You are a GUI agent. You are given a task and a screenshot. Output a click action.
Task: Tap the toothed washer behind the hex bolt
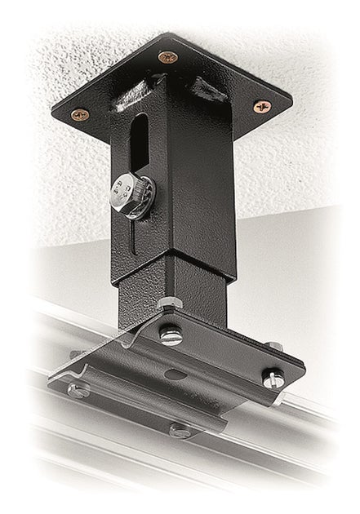(x=140, y=198)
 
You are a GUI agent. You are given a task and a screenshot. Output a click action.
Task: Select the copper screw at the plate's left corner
(x=79, y=115)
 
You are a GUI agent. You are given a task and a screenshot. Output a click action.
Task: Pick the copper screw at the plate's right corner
(x=260, y=105)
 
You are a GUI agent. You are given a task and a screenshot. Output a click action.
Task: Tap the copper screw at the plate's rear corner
(x=167, y=57)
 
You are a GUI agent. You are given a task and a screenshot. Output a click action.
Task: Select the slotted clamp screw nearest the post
(x=171, y=334)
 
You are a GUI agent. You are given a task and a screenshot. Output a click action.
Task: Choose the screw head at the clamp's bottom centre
(x=180, y=429)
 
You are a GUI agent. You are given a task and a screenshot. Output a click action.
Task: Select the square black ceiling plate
(x=237, y=90)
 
